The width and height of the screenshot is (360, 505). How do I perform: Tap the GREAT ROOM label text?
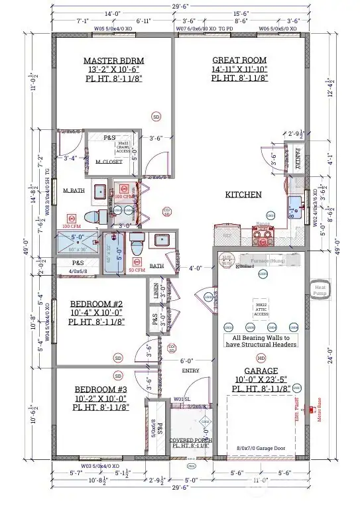click(238, 59)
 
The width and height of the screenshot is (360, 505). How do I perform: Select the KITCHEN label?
click(243, 195)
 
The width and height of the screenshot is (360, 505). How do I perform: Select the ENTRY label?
click(190, 370)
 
